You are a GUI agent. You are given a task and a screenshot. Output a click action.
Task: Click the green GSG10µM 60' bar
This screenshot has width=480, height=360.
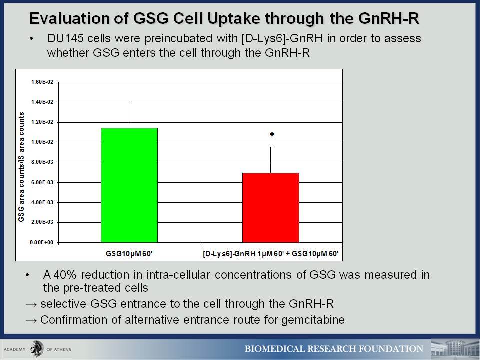(x=129, y=185)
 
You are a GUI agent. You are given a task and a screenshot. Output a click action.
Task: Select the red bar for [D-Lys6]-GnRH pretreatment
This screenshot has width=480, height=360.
(x=271, y=208)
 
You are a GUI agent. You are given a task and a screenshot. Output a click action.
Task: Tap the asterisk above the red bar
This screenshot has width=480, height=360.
(x=272, y=134)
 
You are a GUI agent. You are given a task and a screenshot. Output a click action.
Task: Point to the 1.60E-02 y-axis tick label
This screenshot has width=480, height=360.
(x=42, y=82)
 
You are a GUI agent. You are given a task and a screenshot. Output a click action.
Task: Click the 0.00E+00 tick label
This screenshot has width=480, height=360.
(x=41, y=242)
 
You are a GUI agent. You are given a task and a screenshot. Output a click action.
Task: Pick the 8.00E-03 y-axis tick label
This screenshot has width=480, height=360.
(x=42, y=162)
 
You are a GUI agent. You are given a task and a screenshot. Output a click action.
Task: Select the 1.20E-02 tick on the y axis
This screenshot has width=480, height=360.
(x=42, y=122)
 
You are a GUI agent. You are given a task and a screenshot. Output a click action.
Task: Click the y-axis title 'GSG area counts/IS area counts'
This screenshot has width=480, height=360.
(x=21, y=167)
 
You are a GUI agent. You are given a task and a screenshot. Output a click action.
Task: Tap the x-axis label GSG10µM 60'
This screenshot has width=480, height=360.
(x=129, y=254)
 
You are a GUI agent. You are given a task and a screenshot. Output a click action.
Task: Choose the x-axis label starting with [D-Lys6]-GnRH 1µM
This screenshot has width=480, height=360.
(x=271, y=254)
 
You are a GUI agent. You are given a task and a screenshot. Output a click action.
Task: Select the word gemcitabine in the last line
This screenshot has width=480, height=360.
(x=313, y=320)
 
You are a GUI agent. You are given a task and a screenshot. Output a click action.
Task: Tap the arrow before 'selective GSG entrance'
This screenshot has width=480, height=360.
(x=32, y=304)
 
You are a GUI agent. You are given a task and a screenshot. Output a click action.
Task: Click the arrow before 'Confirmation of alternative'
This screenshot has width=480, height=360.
(x=32, y=320)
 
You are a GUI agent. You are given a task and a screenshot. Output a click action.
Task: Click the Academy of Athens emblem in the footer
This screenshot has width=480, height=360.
(x=37, y=349)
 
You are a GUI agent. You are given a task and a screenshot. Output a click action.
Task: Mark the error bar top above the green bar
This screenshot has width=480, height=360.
(x=129, y=102)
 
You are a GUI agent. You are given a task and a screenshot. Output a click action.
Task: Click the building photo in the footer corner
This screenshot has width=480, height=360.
(x=455, y=349)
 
